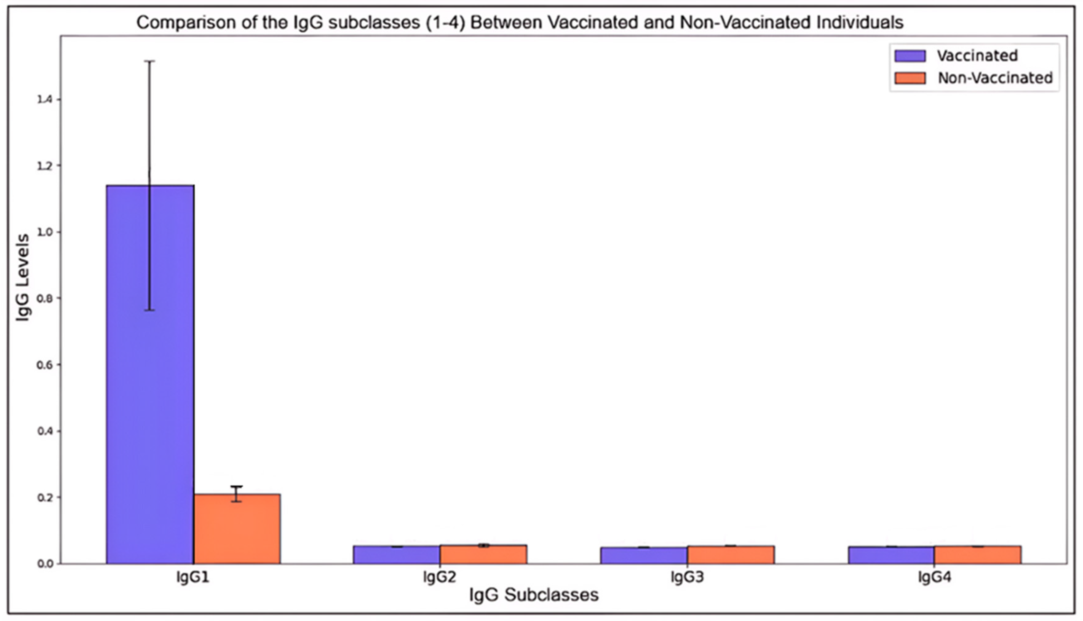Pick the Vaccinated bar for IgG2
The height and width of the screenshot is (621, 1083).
(396, 555)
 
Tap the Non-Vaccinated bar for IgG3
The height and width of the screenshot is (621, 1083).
(731, 555)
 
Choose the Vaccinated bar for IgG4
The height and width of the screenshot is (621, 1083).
(891, 555)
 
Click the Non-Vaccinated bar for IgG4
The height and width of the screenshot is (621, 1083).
(978, 555)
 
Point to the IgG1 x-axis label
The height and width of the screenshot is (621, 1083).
(193, 577)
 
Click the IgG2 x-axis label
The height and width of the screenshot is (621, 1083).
(439, 577)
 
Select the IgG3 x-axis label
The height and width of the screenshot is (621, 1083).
(687, 577)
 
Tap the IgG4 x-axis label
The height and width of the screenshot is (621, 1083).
(934, 577)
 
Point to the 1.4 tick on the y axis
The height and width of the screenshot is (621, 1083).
(44, 99)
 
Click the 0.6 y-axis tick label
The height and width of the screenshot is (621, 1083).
(44, 365)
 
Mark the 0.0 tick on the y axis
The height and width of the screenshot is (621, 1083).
(44, 564)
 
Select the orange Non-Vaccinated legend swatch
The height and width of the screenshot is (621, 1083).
(910, 78)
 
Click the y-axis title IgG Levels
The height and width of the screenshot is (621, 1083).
(23, 277)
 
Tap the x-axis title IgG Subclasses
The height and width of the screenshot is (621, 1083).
(534, 595)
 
